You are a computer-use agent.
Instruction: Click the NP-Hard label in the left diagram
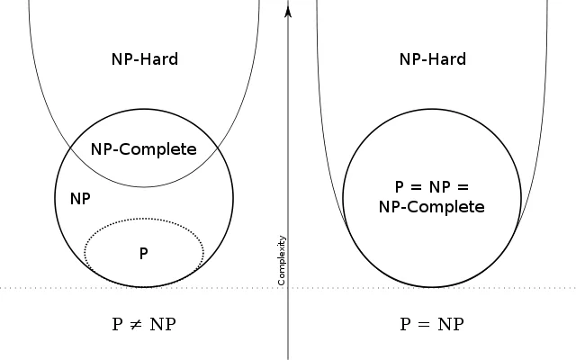[143, 60]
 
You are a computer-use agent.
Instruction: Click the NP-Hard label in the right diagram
[432, 60]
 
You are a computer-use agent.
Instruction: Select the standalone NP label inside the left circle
[80, 197]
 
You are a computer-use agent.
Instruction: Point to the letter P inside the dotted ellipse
[144, 253]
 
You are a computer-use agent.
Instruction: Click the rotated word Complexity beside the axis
[282, 261]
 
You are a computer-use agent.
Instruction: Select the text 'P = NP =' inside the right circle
[432, 188]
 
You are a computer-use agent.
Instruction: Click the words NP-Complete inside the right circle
[432, 207]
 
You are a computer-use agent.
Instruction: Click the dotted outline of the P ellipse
[144, 218]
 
